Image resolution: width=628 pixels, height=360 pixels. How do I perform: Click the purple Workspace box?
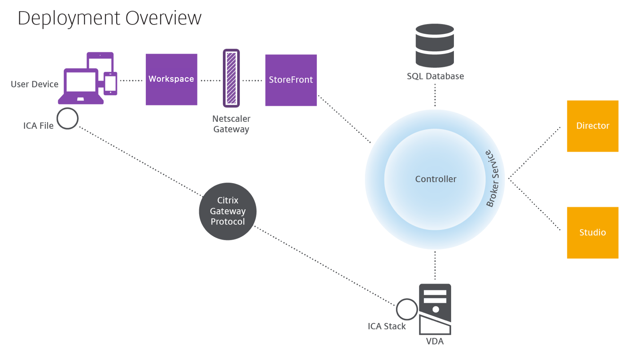pos(171,79)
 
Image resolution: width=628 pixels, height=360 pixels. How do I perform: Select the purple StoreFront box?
pos(291,80)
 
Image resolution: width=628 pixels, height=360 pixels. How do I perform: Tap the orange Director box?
pos(592,126)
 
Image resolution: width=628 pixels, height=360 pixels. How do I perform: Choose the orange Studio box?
pos(592,232)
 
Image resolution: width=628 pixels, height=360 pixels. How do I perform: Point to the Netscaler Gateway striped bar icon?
pos(231,78)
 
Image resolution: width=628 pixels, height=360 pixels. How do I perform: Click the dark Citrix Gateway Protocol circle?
pos(228,211)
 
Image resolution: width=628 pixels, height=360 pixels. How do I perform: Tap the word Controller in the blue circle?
pos(435,179)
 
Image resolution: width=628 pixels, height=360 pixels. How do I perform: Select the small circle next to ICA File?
pos(68,118)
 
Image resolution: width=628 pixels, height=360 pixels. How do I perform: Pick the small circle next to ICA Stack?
pos(407,309)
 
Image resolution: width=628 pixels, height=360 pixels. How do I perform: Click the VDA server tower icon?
pos(435,309)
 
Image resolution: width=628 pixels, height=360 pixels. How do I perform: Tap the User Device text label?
pos(35,84)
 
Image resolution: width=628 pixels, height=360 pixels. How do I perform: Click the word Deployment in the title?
pos(69,18)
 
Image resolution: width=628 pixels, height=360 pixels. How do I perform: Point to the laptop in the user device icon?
pos(81,86)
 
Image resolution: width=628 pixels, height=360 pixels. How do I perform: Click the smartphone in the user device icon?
pos(110,84)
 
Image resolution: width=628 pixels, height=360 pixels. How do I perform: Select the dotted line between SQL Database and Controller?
pos(435,95)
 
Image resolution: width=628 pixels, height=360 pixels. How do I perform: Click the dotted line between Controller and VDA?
pos(435,266)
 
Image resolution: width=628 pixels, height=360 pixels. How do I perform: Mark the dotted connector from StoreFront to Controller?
pos(344,119)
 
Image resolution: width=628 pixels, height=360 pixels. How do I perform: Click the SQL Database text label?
pos(435,76)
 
